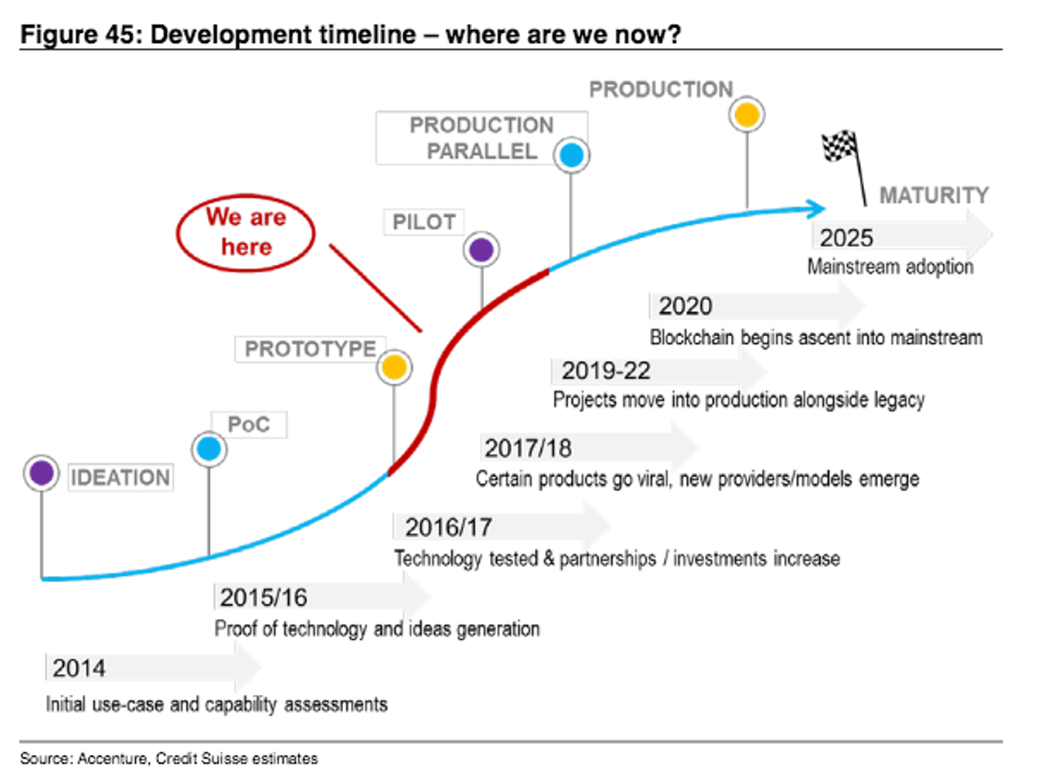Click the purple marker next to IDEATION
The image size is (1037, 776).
41,473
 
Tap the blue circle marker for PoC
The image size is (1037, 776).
208,449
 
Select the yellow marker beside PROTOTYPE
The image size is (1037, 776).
394,367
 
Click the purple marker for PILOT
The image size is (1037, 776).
481,251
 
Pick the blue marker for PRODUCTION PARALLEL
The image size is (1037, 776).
570,156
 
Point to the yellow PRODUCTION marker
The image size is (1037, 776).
747,114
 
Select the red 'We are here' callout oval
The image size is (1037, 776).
245,232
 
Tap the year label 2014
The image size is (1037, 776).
79,669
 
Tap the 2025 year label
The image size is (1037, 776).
847,238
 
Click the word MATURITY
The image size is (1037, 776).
933,195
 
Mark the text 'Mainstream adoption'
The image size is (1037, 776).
889,266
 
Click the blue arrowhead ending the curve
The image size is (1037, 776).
817,207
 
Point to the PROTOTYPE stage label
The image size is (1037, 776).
310,349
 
